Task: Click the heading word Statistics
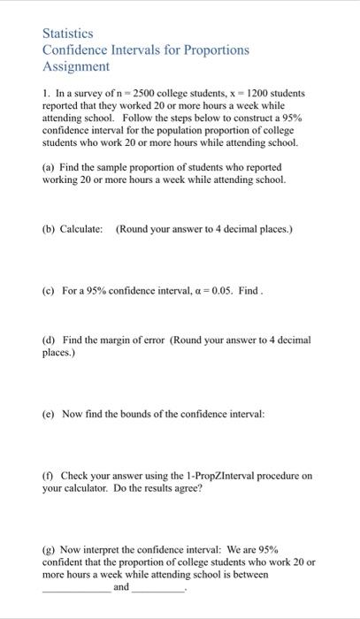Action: pyautogui.click(x=68, y=34)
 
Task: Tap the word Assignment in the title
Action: pyautogui.click(x=76, y=66)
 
